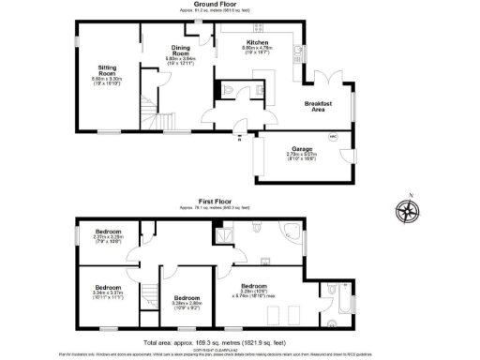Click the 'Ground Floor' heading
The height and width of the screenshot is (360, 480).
(x=213, y=5)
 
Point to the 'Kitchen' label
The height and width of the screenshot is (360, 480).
(x=257, y=43)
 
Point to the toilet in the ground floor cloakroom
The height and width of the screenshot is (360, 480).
(x=230, y=90)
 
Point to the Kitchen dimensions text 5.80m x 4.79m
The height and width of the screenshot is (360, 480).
(x=257, y=50)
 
